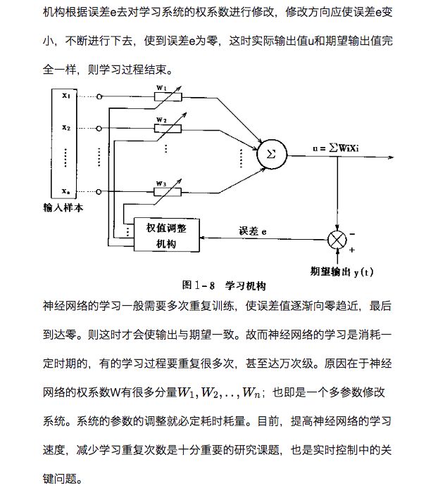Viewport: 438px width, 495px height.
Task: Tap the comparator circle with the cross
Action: tap(338, 239)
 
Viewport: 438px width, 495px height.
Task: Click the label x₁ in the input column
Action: tap(65, 95)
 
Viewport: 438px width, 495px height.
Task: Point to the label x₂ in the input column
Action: tap(65, 127)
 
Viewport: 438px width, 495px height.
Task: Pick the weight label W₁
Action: tap(161, 87)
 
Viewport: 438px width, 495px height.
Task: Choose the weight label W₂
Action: tap(161, 120)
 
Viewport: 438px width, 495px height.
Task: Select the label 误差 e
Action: tap(253, 231)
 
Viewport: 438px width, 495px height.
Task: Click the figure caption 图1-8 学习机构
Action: tap(224, 285)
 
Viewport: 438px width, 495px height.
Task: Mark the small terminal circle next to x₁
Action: tap(99, 96)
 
